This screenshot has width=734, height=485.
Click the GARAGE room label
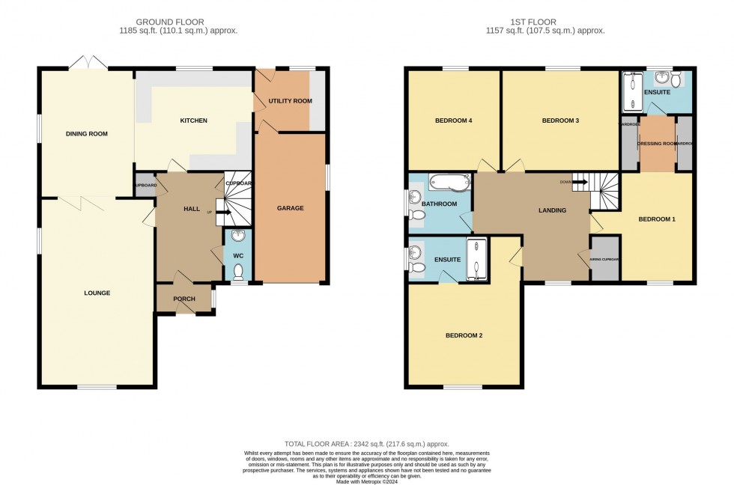click(x=291, y=208)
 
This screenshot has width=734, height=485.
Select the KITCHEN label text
click(x=193, y=121)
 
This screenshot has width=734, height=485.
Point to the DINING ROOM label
click(x=87, y=134)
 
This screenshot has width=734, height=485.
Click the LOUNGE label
click(x=97, y=293)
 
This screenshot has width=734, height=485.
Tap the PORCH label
click(x=183, y=299)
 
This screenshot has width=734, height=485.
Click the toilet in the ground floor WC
click(x=238, y=273)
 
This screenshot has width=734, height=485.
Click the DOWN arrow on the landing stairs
click(x=579, y=181)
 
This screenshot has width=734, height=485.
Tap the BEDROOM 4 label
click(x=453, y=121)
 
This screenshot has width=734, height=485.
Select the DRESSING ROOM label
click(x=657, y=143)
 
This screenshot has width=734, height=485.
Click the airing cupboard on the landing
click(x=604, y=259)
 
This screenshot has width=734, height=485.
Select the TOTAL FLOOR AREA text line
click(x=366, y=444)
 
